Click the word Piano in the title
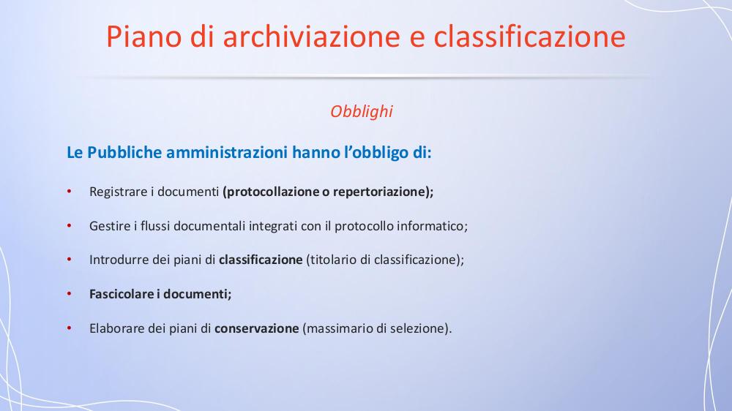(143, 37)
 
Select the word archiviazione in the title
(311, 37)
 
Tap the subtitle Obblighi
(362, 111)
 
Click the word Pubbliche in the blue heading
(124, 153)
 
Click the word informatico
(430, 226)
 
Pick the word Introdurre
(119, 260)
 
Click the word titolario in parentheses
(333, 260)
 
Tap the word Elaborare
(117, 328)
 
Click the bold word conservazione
(256, 328)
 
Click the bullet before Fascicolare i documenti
(69, 294)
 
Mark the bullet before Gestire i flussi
(69, 226)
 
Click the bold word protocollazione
(272, 192)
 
